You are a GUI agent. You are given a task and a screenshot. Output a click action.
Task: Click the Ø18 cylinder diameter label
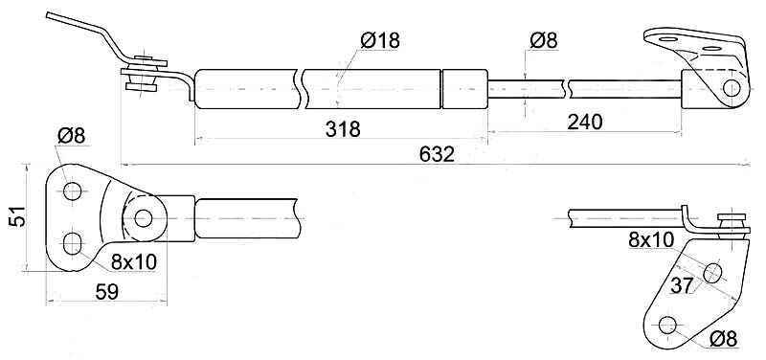tap(380, 40)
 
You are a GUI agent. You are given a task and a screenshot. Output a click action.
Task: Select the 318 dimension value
tap(343, 129)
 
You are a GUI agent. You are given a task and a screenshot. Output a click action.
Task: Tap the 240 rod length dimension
tap(585, 122)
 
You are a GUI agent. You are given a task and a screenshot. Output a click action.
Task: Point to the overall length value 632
tap(437, 154)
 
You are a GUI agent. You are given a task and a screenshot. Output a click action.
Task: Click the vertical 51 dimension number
tap(17, 216)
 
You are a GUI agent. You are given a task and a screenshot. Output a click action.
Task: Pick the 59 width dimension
tap(106, 292)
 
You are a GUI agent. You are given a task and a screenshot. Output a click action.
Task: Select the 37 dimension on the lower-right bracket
tap(682, 285)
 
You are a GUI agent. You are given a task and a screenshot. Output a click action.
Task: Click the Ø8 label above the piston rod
tap(543, 40)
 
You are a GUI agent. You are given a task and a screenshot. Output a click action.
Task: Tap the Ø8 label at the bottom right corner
tap(723, 339)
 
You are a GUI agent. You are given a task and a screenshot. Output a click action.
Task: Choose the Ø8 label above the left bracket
tap(71, 135)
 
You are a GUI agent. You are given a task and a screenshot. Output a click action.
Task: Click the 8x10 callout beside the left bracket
tap(134, 262)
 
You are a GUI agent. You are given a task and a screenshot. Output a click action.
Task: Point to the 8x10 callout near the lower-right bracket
tap(651, 239)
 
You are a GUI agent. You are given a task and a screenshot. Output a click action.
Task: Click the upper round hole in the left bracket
tap(73, 191)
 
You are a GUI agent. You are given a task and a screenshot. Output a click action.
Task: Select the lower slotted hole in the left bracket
tap(73, 244)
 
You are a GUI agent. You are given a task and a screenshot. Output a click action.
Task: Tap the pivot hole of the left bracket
tap(143, 218)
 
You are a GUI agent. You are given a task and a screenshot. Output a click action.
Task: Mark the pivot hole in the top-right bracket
tap(732, 88)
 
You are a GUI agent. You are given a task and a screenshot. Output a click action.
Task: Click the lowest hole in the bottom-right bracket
tap(667, 326)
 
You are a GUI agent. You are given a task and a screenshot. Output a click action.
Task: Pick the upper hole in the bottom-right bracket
tap(712, 273)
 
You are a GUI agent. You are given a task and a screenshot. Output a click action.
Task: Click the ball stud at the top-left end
tap(143, 75)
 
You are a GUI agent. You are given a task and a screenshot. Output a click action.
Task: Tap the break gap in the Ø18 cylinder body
tap(300, 89)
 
